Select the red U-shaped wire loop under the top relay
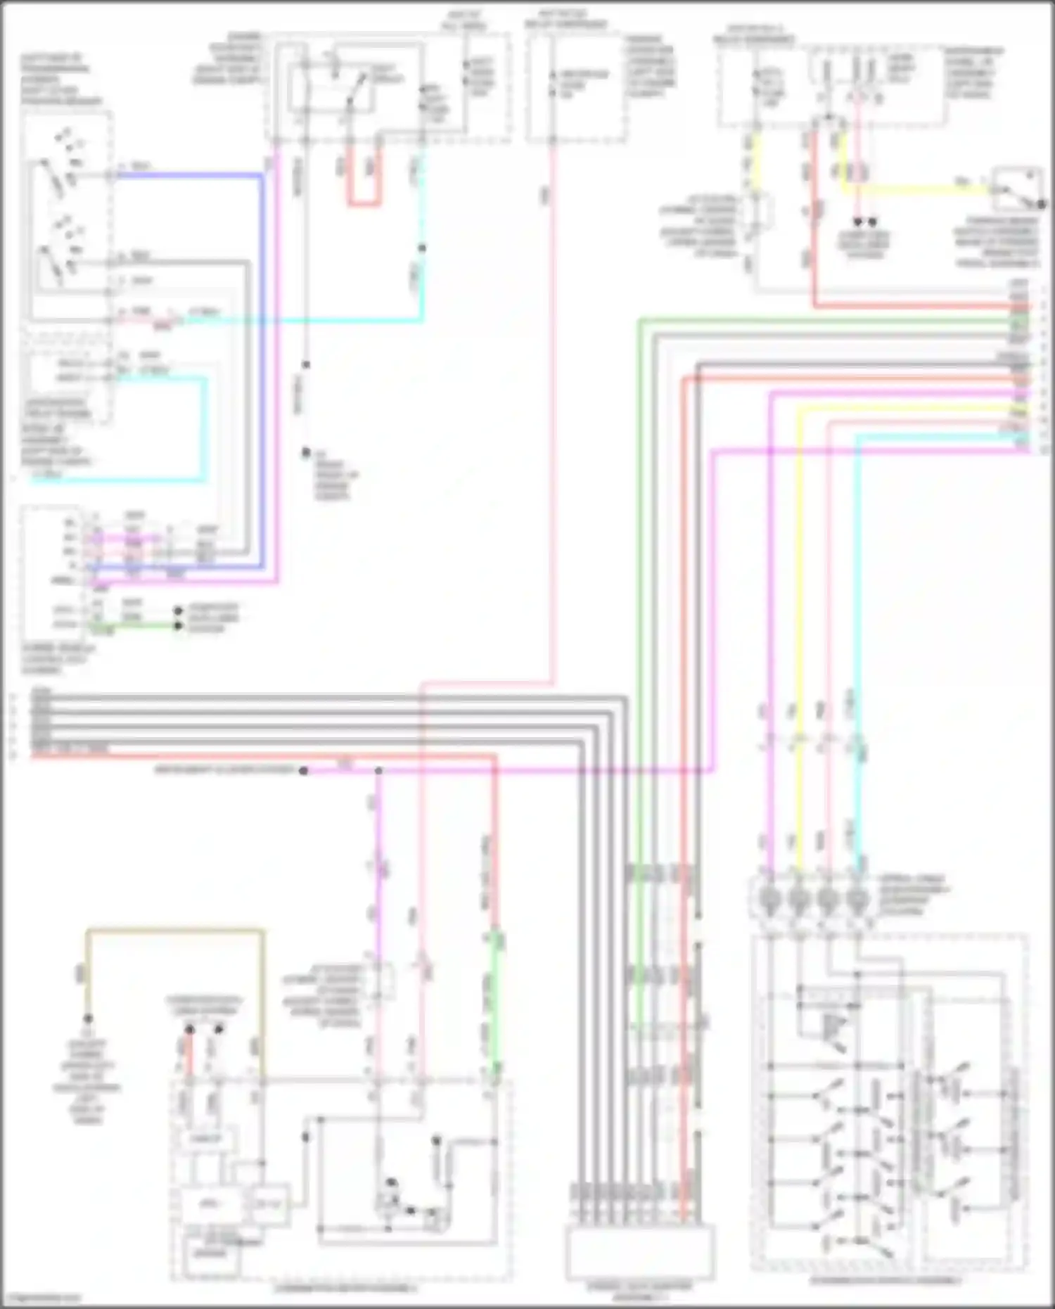[364, 203]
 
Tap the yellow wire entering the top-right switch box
[914, 189]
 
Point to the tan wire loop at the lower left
[176, 932]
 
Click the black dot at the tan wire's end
[88, 1019]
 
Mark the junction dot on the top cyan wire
[422, 248]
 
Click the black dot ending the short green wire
[179, 625]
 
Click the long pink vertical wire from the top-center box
[552, 422]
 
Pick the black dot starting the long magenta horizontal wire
[303, 771]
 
